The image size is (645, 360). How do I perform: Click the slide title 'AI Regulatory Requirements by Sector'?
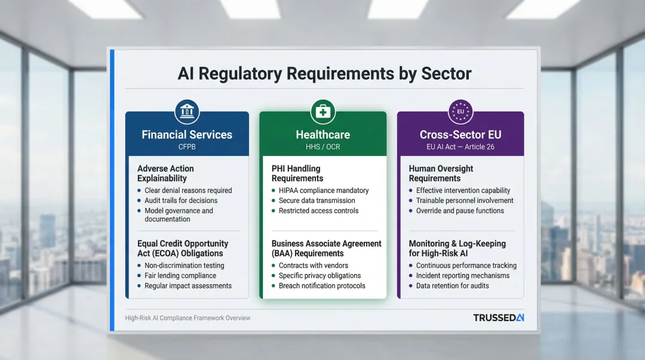pyautogui.click(x=324, y=73)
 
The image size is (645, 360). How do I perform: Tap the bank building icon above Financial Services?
pyautogui.click(x=187, y=112)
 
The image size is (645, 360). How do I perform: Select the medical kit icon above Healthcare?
pyautogui.click(x=323, y=112)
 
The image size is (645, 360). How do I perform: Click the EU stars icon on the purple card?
pyautogui.click(x=460, y=112)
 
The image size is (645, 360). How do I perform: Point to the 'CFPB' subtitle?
pyautogui.click(x=187, y=146)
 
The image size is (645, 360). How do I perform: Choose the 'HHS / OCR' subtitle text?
pyautogui.click(x=323, y=146)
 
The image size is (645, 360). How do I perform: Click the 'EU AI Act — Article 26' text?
pyautogui.click(x=460, y=146)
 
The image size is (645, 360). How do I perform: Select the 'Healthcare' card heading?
pyautogui.click(x=323, y=134)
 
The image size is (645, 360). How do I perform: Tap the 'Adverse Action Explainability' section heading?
pyautogui.click(x=165, y=173)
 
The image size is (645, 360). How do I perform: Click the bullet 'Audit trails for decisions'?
pyautogui.click(x=181, y=201)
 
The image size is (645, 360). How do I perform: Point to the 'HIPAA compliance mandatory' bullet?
pyautogui.click(x=324, y=190)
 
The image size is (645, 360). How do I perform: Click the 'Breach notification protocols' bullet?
pyautogui.click(x=322, y=286)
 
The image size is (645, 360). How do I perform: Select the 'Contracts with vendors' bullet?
pyautogui.click(x=314, y=266)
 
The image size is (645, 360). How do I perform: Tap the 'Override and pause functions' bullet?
pyautogui.click(x=460, y=211)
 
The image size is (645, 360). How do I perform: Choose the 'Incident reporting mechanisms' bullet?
pyautogui.click(x=463, y=276)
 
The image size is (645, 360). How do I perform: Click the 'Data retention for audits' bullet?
pyautogui.click(x=452, y=286)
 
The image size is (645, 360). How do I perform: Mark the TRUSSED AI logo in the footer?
pyautogui.click(x=498, y=318)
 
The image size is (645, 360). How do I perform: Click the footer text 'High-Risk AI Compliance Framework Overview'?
pyautogui.click(x=188, y=318)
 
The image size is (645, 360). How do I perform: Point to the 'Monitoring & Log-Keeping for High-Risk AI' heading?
pyautogui.click(x=457, y=248)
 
